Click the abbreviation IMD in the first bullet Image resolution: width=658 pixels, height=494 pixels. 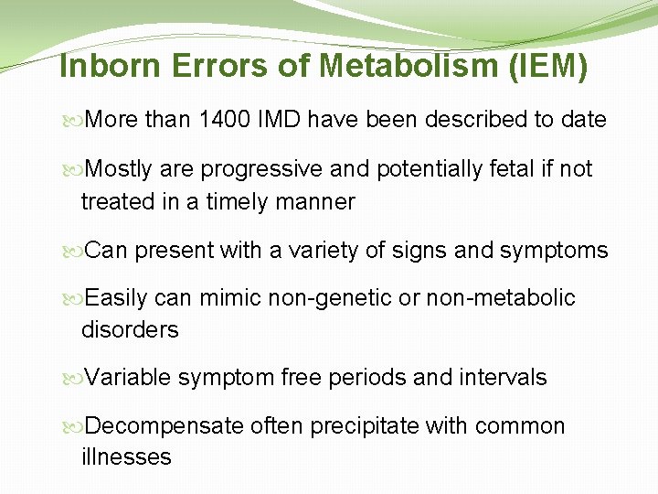282,120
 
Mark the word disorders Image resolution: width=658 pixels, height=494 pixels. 130,329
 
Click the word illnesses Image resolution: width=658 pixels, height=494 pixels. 126,456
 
